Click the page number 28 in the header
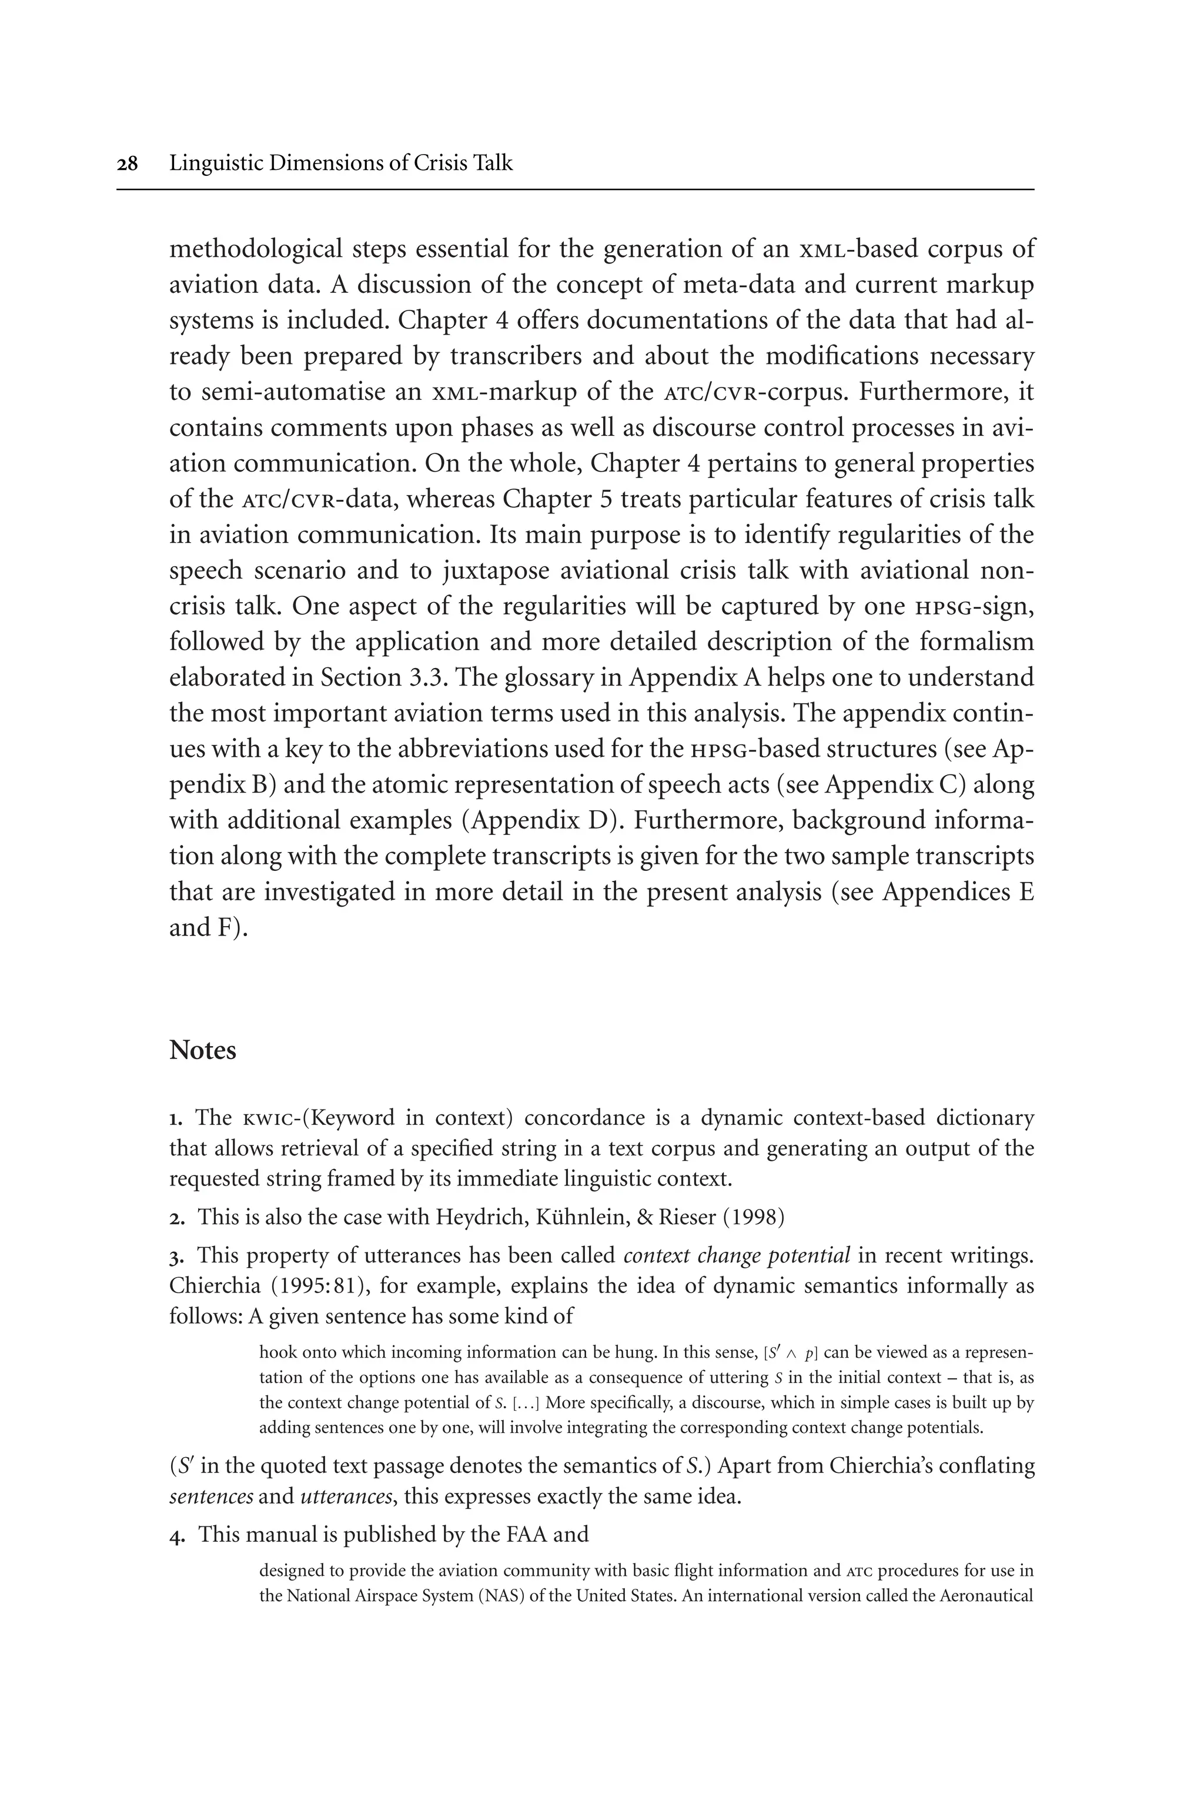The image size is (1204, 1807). (x=128, y=163)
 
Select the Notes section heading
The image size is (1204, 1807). (x=203, y=1050)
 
